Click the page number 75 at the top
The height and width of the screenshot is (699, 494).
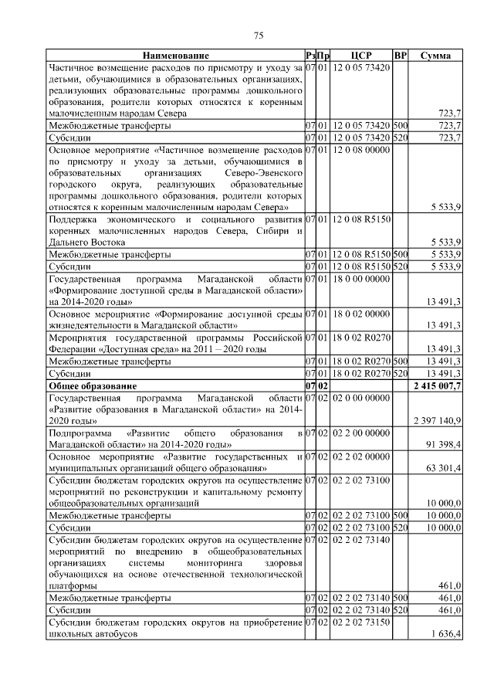pyautogui.click(x=259, y=36)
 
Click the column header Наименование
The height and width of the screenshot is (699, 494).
pyautogui.click(x=175, y=56)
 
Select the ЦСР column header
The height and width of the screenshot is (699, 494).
pyautogui.click(x=361, y=56)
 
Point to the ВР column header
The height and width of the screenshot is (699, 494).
pyautogui.click(x=400, y=56)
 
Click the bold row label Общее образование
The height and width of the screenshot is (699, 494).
pyautogui.click(x=93, y=385)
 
